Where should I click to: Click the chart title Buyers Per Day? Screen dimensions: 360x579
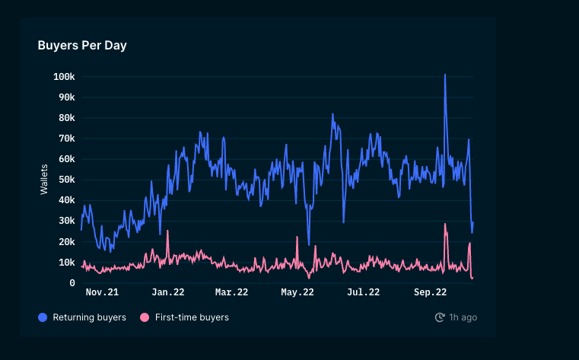click(82, 46)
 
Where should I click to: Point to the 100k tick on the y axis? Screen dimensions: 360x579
click(64, 77)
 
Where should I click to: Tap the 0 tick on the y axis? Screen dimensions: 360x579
click(72, 283)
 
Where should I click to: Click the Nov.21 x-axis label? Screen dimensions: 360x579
click(102, 292)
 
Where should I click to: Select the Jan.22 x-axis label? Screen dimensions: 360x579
click(168, 292)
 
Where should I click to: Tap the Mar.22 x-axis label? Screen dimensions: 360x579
click(231, 292)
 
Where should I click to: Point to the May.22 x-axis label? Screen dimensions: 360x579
click(297, 292)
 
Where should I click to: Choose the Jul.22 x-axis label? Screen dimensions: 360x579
click(364, 292)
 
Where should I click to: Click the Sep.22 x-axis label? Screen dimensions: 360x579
click(430, 292)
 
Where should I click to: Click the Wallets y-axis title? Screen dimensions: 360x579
click(44, 179)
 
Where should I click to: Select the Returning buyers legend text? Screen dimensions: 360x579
click(89, 317)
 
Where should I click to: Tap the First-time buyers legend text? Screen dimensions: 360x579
click(191, 317)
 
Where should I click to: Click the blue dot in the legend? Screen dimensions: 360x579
click(43, 317)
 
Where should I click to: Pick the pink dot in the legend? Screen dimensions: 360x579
click(145, 317)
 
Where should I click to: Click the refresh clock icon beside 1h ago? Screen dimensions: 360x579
click(440, 317)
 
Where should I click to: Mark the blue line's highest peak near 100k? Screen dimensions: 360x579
click(444, 75)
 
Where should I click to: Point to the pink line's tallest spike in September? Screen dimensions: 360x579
click(445, 224)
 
